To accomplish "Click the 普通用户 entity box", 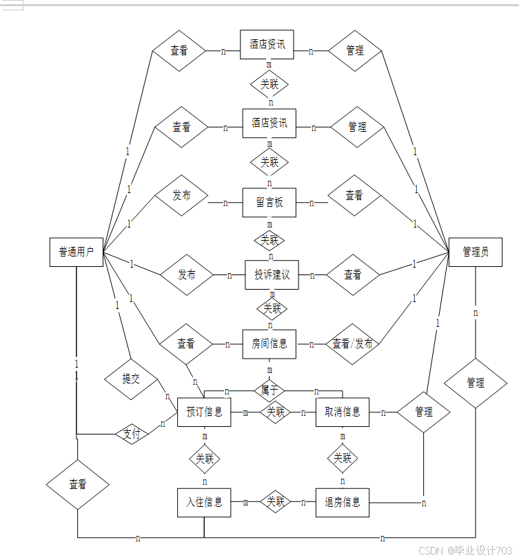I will (77, 252).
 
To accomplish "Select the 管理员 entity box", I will (475, 252).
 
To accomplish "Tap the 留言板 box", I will (269, 203).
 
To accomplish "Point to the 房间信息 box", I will (269, 343).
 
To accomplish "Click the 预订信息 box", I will (204, 412).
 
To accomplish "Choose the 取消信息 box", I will (342, 412).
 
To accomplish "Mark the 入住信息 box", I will (204, 502).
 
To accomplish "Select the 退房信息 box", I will (342, 502).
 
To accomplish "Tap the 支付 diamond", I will (132, 434).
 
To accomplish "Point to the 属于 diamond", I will (269, 390).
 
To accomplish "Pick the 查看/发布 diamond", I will (352, 343).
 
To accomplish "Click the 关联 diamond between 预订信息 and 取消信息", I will (275, 412).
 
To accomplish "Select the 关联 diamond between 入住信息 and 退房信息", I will (275, 502).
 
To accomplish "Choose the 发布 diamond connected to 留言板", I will (181, 195).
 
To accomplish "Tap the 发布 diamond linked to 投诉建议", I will (187, 274).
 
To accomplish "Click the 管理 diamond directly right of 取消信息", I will (424, 412).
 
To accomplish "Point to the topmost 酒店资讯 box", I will (267, 44).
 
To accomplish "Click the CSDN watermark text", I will (465, 550).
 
